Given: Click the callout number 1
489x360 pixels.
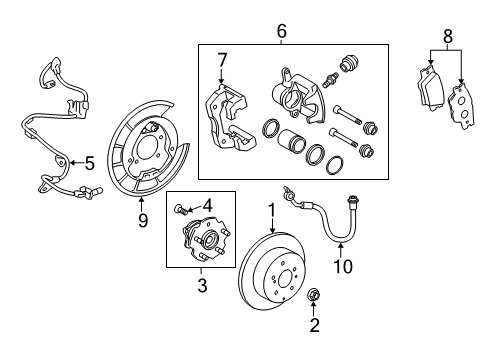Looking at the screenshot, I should click(269, 212).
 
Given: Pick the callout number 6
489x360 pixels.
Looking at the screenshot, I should click(280, 32).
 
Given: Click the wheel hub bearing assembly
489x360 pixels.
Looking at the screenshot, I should click(202, 246).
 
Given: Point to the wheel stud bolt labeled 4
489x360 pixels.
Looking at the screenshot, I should click(180, 209).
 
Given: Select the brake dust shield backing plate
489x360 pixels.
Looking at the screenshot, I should click(145, 150).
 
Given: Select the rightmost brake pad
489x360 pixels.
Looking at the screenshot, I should click(462, 104).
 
